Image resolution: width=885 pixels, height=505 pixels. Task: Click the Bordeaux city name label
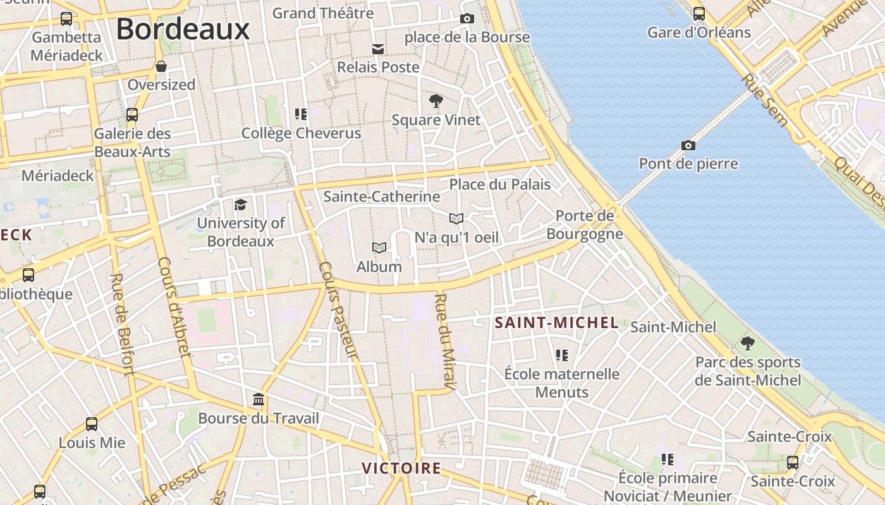(183, 29)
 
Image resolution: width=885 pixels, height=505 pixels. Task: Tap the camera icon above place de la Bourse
(467, 19)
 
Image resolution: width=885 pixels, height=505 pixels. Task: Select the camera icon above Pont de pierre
(688, 146)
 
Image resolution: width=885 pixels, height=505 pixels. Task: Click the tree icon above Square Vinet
(436, 101)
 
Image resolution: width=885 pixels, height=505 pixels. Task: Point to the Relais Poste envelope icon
(378, 49)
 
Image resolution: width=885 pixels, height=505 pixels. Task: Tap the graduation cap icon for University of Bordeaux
(240, 205)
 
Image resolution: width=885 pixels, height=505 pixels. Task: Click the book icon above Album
(379, 247)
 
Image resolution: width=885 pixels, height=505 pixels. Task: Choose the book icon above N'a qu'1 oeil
(456, 219)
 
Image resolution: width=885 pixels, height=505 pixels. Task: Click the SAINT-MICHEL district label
(556, 323)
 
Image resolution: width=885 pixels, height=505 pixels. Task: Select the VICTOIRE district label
(401, 468)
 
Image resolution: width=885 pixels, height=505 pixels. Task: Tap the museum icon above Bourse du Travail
(259, 400)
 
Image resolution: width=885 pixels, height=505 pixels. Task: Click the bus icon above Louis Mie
(92, 424)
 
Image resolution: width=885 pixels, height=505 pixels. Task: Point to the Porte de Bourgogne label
(585, 225)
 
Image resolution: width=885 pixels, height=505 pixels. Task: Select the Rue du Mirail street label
(445, 342)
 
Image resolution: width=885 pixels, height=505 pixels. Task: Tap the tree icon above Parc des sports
(748, 343)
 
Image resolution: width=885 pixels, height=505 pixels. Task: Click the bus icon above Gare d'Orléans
(699, 14)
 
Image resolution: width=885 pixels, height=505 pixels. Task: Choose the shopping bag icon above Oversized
(161, 66)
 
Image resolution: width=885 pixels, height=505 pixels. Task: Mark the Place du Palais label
(499, 185)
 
